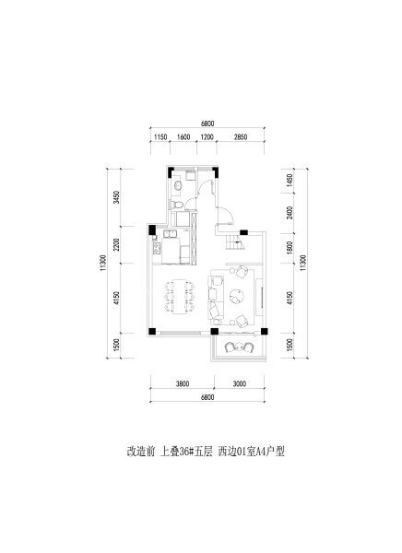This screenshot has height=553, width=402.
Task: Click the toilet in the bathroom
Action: [x=178, y=205]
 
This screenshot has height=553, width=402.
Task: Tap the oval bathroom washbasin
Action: [x=178, y=185]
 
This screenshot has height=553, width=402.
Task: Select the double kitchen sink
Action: [x=171, y=234]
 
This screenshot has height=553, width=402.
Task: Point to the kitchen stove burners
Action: [x=155, y=248]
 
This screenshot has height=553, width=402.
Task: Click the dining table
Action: [x=179, y=296]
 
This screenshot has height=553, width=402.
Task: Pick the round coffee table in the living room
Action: [x=236, y=296]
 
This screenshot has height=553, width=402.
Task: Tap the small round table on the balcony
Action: [x=240, y=347]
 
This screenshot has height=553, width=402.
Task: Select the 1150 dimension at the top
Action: [x=160, y=137]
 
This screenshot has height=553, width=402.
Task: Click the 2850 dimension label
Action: [x=241, y=137]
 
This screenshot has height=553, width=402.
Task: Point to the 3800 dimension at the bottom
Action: [x=183, y=383]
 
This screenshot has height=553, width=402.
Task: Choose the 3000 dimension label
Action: [x=240, y=383]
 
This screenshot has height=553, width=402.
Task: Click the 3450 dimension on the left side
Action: [x=116, y=197]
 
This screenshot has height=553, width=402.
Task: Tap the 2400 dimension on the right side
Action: [x=290, y=213]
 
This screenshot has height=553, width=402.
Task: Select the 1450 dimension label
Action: [x=290, y=181]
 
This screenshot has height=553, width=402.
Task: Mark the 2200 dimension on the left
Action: [x=116, y=244]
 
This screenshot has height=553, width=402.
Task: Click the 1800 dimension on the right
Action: [x=290, y=248]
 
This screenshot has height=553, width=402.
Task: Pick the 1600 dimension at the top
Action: [x=183, y=137]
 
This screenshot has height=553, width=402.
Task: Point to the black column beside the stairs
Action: [x=244, y=232]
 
